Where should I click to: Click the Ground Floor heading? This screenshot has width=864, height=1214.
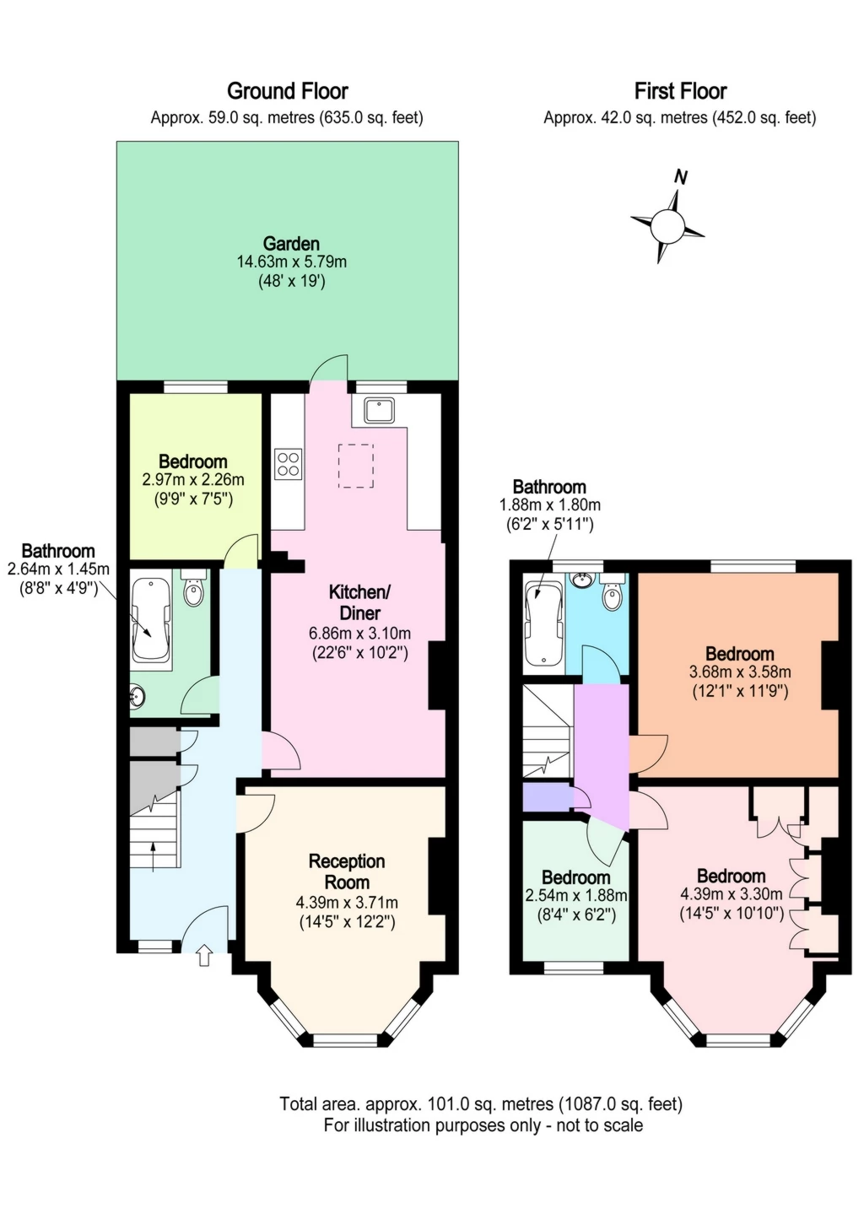[287, 91]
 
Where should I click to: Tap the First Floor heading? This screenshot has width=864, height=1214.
[680, 91]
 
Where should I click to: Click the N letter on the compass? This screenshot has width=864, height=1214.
[681, 177]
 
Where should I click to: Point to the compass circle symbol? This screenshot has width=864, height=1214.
[667, 226]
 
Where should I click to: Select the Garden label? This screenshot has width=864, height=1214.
[291, 243]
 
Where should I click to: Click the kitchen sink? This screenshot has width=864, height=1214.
[379, 410]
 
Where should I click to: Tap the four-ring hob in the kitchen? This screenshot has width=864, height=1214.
[288, 464]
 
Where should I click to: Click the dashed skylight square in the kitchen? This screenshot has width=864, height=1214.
[356, 466]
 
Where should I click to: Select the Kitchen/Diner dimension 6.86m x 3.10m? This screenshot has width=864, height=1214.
[359, 633]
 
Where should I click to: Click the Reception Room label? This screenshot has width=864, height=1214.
[347, 871]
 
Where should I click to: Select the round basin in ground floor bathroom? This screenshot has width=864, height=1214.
[137, 697]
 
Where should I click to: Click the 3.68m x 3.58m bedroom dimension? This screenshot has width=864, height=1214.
[740, 672]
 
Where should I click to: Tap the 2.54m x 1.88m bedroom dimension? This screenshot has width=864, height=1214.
[576, 895]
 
